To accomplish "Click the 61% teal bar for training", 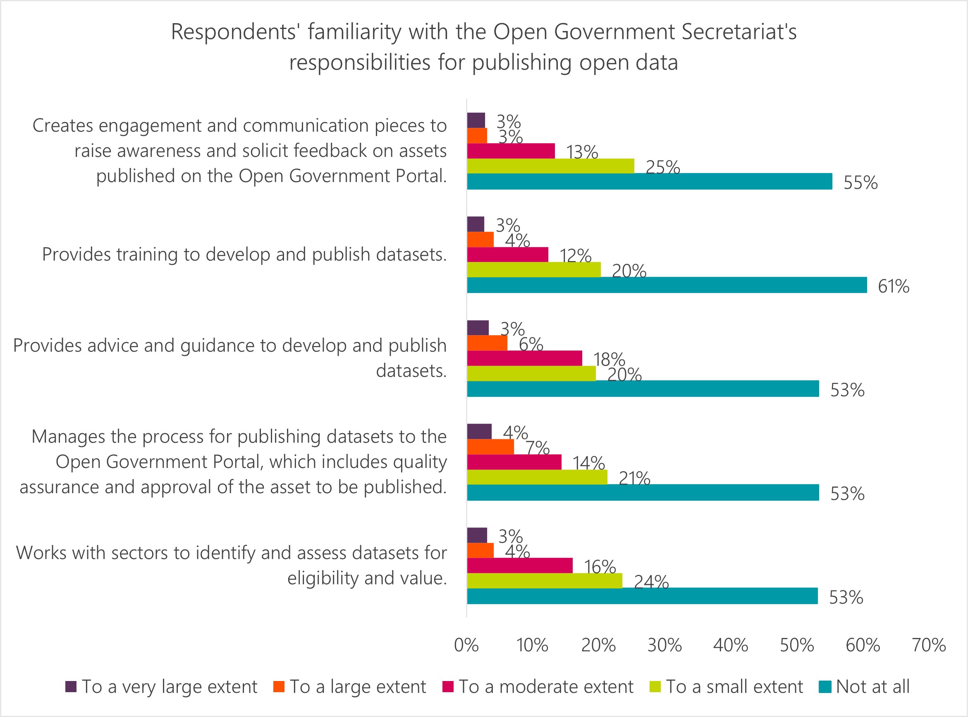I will point(667,285).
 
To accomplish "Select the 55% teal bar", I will point(649,181).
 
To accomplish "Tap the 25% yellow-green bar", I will point(550,166).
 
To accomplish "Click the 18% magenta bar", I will point(524,358).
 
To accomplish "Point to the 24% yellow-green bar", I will point(544,581).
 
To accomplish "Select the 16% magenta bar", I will point(520,566).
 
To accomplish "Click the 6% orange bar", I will point(487,343).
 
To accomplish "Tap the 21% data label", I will point(634,478).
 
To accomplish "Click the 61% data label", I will point(894,286).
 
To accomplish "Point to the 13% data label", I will point(581,152).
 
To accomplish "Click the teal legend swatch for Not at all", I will point(825,687).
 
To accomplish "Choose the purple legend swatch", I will point(71,687).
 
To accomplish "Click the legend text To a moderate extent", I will point(546,687).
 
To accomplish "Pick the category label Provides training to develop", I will point(244,254).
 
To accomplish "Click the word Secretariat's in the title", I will point(739,32).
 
